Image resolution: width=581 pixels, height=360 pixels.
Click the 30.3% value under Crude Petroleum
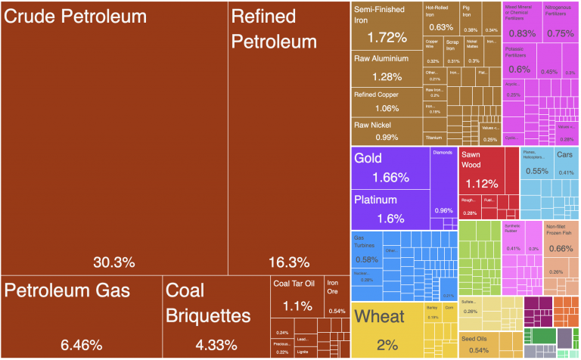[113, 262]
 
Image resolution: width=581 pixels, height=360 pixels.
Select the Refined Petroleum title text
[274, 29]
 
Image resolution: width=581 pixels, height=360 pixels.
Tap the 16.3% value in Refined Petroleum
[289, 262]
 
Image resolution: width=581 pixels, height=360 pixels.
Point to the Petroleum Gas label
[67, 290]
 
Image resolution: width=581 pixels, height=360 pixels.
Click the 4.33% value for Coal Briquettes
[217, 345]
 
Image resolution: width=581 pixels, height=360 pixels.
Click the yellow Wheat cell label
[380, 316]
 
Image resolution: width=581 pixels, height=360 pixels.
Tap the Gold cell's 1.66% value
[390, 178]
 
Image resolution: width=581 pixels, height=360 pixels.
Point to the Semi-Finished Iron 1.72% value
[387, 36]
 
